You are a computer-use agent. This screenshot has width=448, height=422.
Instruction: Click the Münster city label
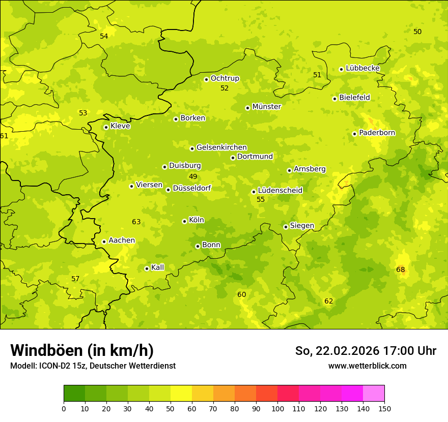[x=266, y=107]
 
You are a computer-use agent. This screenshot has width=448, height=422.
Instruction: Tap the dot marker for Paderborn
[x=354, y=134]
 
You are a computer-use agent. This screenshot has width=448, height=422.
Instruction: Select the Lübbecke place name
[x=362, y=68]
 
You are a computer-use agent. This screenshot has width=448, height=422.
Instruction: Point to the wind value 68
[x=401, y=269]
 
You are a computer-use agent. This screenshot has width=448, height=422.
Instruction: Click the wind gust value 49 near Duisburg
[x=193, y=177]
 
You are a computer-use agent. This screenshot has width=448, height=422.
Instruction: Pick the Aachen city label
[x=122, y=240]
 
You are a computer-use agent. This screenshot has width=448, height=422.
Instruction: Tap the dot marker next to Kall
[x=147, y=268]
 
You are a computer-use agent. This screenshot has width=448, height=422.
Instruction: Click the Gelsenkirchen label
[x=221, y=147]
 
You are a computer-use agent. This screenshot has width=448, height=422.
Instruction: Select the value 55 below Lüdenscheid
[x=261, y=200]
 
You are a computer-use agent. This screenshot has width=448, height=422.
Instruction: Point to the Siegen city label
[x=302, y=226]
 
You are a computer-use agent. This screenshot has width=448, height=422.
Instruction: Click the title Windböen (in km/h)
[x=82, y=350]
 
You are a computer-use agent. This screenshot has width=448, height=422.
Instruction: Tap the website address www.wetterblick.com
[x=367, y=366]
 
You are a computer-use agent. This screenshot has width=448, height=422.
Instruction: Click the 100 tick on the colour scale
[x=277, y=408]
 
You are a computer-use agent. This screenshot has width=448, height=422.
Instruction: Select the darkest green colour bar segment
[x=74, y=394]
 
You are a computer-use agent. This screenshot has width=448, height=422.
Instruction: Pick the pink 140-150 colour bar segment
[x=374, y=394]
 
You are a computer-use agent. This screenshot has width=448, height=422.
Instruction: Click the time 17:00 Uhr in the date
[x=412, y=351]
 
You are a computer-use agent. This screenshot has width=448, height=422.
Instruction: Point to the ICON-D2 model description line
[x=93, y=366]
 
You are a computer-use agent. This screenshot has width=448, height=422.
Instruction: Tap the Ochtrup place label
[x=225, y=78]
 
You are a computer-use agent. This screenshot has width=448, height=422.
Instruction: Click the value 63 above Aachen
[x=136, y=222]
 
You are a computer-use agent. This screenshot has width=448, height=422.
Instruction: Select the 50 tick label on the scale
[x=171, y=408]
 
